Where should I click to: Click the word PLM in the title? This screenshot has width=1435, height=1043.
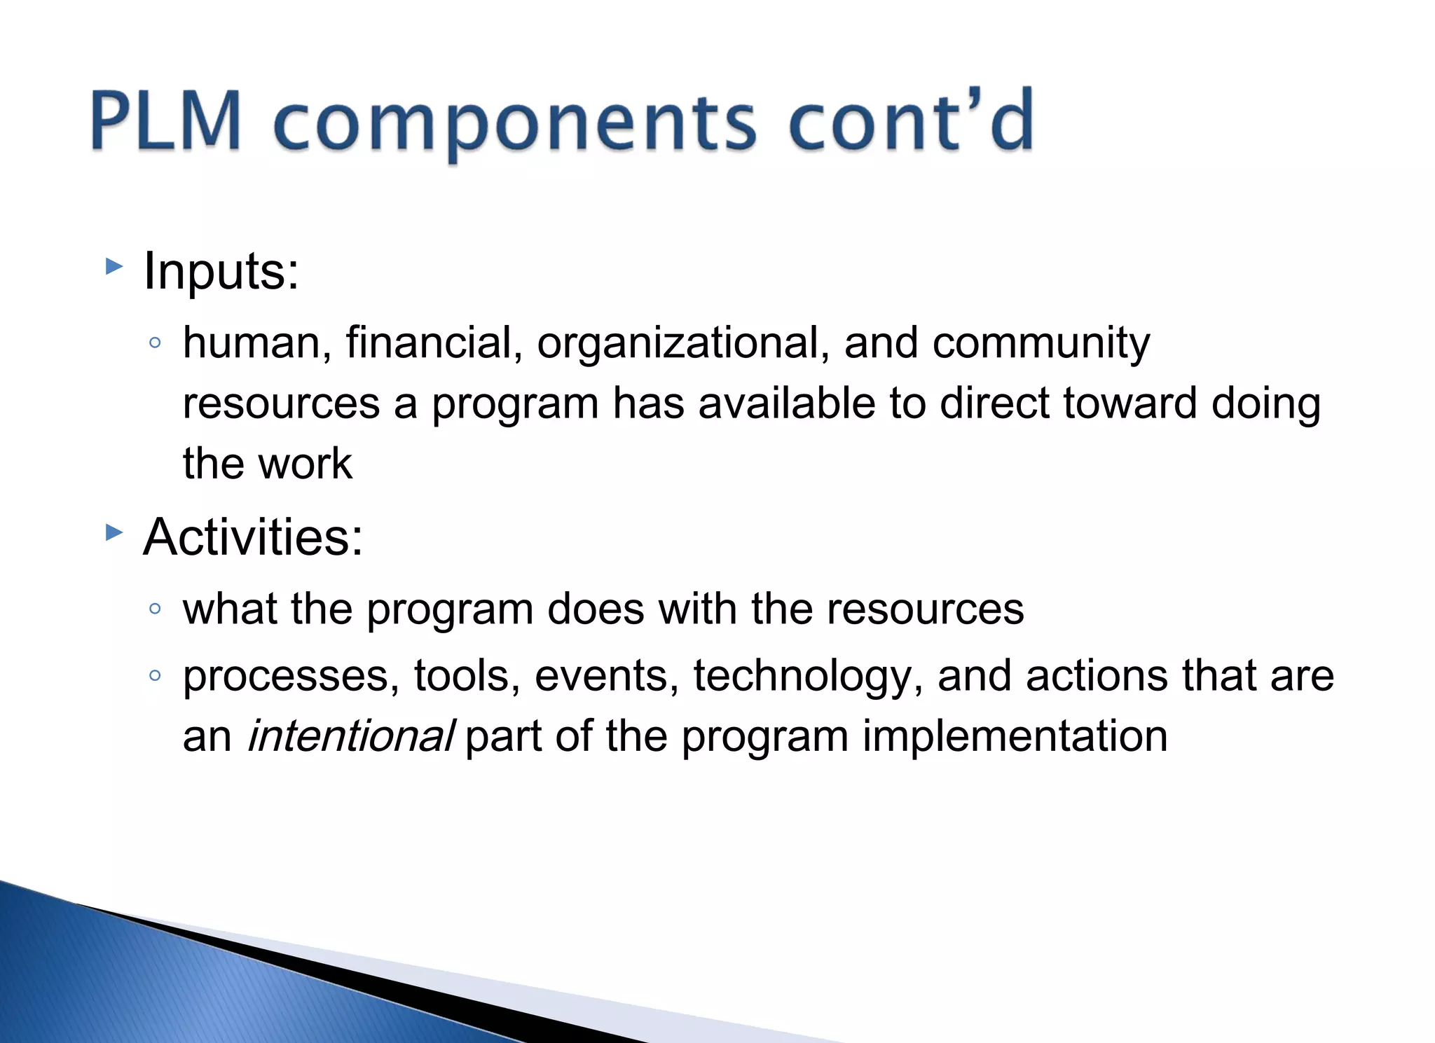tap(166, 120)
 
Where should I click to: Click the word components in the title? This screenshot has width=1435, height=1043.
tap(515, 123)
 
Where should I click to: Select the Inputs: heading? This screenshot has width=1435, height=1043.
tap(221, 271)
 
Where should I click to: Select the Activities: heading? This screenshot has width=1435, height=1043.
tap(253, 537)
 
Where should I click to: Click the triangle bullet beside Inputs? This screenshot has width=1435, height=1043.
tap(114, 266)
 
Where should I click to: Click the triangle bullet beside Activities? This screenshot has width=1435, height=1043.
tap(114, 533)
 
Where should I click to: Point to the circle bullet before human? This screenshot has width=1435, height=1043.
tap(156, 343)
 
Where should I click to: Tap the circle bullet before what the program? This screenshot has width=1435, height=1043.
tap(156, 609)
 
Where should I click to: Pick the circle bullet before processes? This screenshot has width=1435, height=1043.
tap(156, 676)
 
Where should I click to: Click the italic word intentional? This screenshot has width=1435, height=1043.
tap(351, 736)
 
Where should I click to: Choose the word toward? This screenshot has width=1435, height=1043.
tap(1130, 403)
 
